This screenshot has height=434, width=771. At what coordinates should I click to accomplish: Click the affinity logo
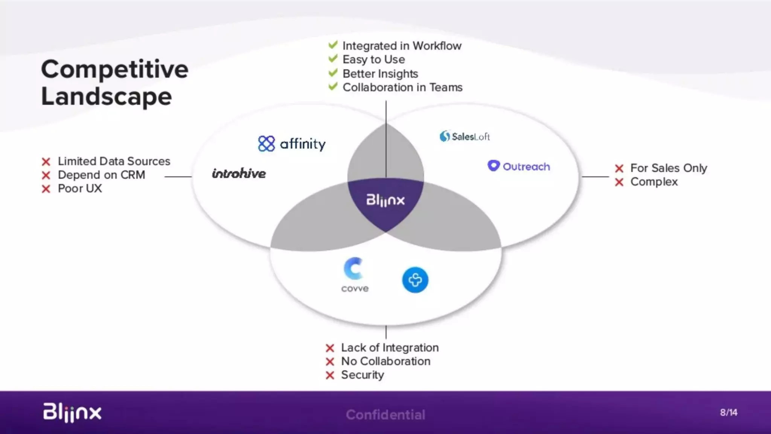(292, 144)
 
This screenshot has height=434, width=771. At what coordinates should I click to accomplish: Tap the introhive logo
(239, 173)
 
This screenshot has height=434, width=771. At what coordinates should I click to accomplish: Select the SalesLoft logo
(465, 136)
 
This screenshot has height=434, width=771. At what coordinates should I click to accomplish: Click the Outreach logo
(519, 166)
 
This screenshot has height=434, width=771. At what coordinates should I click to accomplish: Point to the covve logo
(354, 275)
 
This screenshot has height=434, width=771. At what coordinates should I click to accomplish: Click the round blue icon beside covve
(415, 280)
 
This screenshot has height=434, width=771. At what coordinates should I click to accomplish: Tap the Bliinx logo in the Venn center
(385, 200)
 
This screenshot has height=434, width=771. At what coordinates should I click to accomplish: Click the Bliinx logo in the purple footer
(72, 412)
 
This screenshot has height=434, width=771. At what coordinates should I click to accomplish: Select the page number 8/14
(728, 413)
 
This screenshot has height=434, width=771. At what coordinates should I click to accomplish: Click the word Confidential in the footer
(385, 415)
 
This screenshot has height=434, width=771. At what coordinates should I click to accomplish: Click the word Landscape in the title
(107, 97)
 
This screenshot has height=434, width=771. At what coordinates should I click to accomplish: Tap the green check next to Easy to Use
(333, 59)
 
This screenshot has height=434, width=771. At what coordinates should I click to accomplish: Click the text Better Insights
(380, 74)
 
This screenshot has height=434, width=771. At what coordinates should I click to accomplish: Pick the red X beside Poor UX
(46, 189)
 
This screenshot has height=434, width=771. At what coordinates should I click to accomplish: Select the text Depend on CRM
(101, 175)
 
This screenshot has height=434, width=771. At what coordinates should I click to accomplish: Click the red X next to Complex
(619, 182)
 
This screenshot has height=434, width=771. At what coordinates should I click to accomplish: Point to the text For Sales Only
(669, 168)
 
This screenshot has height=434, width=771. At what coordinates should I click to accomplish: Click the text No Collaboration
(385, 361)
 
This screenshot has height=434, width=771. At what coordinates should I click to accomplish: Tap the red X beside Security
(330, 375)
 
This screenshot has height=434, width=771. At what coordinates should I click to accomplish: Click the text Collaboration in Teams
(402, 87)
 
